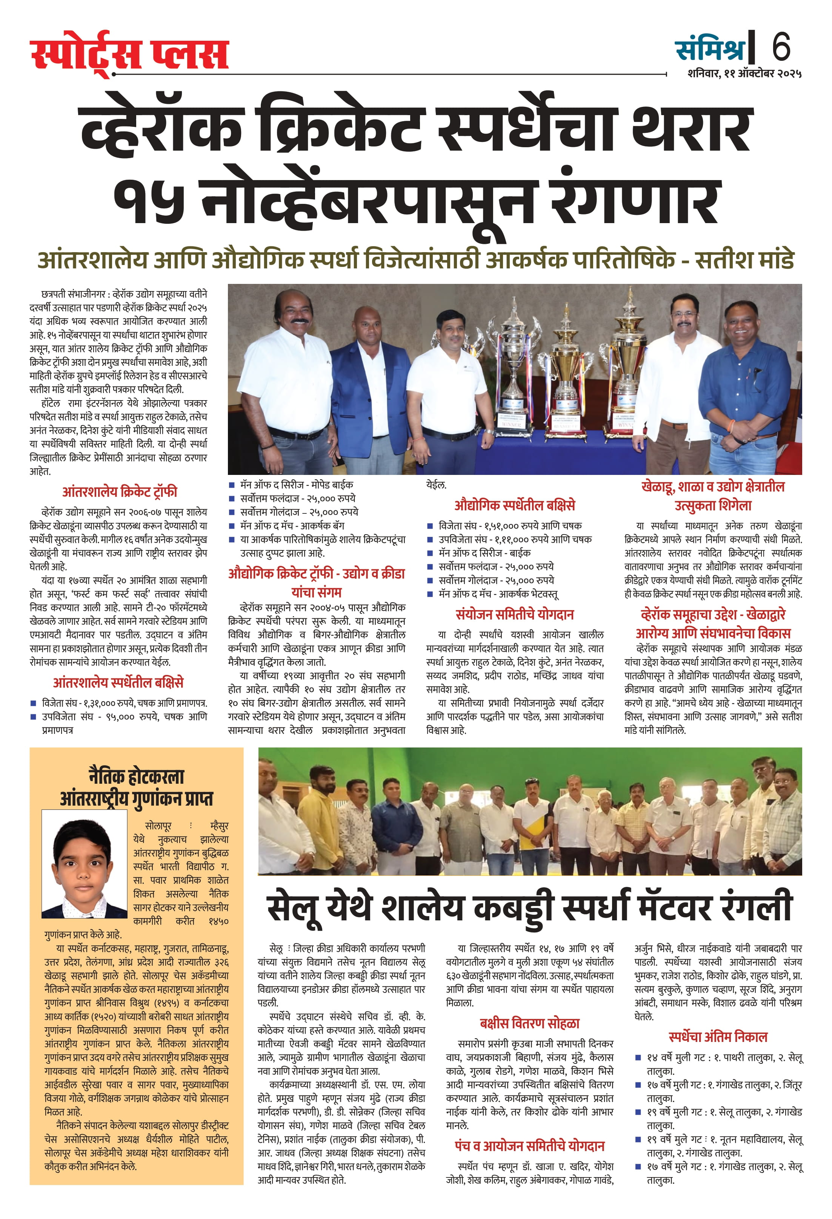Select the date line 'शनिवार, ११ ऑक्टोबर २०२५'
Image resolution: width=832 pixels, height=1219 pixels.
[744, 74]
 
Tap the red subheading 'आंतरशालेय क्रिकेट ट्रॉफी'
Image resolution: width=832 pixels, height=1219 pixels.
[120, 492]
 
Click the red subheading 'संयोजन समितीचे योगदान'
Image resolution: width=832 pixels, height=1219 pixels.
[514, 614]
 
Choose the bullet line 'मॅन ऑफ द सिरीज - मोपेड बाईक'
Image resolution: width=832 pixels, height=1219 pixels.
[296, 485]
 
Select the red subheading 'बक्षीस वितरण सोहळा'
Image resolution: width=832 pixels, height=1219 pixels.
[529, 1023]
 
